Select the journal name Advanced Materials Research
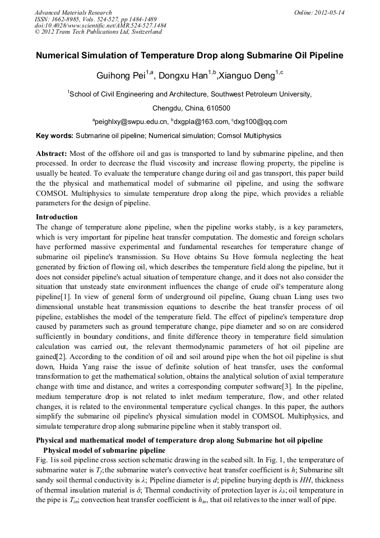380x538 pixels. (73, 12)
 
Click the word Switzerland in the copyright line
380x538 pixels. (144, 32)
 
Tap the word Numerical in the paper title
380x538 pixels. (61, 56)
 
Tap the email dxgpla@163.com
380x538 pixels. (198, 122)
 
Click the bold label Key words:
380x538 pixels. (54, 136)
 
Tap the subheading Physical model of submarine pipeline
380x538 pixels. (104, 450)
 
